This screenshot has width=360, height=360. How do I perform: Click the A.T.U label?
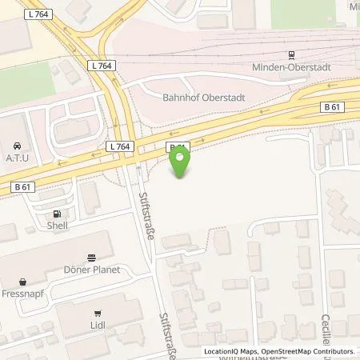pyautogui.click(x=17, y=158)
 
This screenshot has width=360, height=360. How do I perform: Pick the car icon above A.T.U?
pyautogui.click(x=17, y=146)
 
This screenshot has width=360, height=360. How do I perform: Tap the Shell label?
pyautogui.click(x=57, y=225)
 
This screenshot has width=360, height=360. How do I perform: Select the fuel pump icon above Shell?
pyautogui.click(x=57, y=214)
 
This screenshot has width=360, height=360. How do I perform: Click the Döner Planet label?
pyautogui.click(x=93, y=270)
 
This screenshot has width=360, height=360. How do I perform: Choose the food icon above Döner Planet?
pyautogui.click(x=93, y=258)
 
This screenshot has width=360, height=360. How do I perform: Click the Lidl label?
pyautogui.click(x=98, y=326)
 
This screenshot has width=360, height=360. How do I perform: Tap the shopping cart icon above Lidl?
pyautogui.click(x=98, y=314)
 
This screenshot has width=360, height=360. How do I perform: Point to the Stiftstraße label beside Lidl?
pyautogui.click(x=167, y=332)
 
